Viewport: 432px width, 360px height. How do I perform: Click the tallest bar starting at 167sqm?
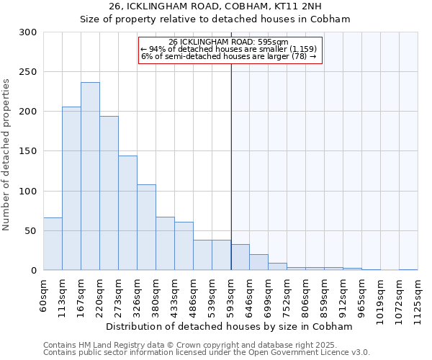[90, 176]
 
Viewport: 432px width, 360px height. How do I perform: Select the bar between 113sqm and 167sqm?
[71, 189]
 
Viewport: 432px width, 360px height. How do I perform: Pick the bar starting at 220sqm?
[109, 193]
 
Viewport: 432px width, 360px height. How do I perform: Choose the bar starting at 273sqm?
[127, 213]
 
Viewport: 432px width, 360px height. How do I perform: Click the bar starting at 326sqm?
[146, 228]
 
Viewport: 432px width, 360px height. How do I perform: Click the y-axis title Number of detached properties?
[6, 155]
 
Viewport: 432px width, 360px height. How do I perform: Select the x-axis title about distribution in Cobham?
[234, 326]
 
